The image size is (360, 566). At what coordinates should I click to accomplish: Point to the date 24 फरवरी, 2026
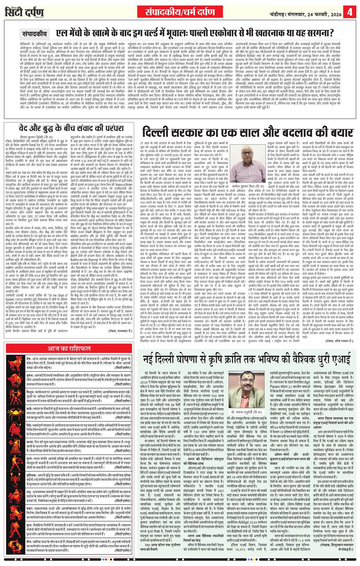pyautogui.click(x=320, y=11)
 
